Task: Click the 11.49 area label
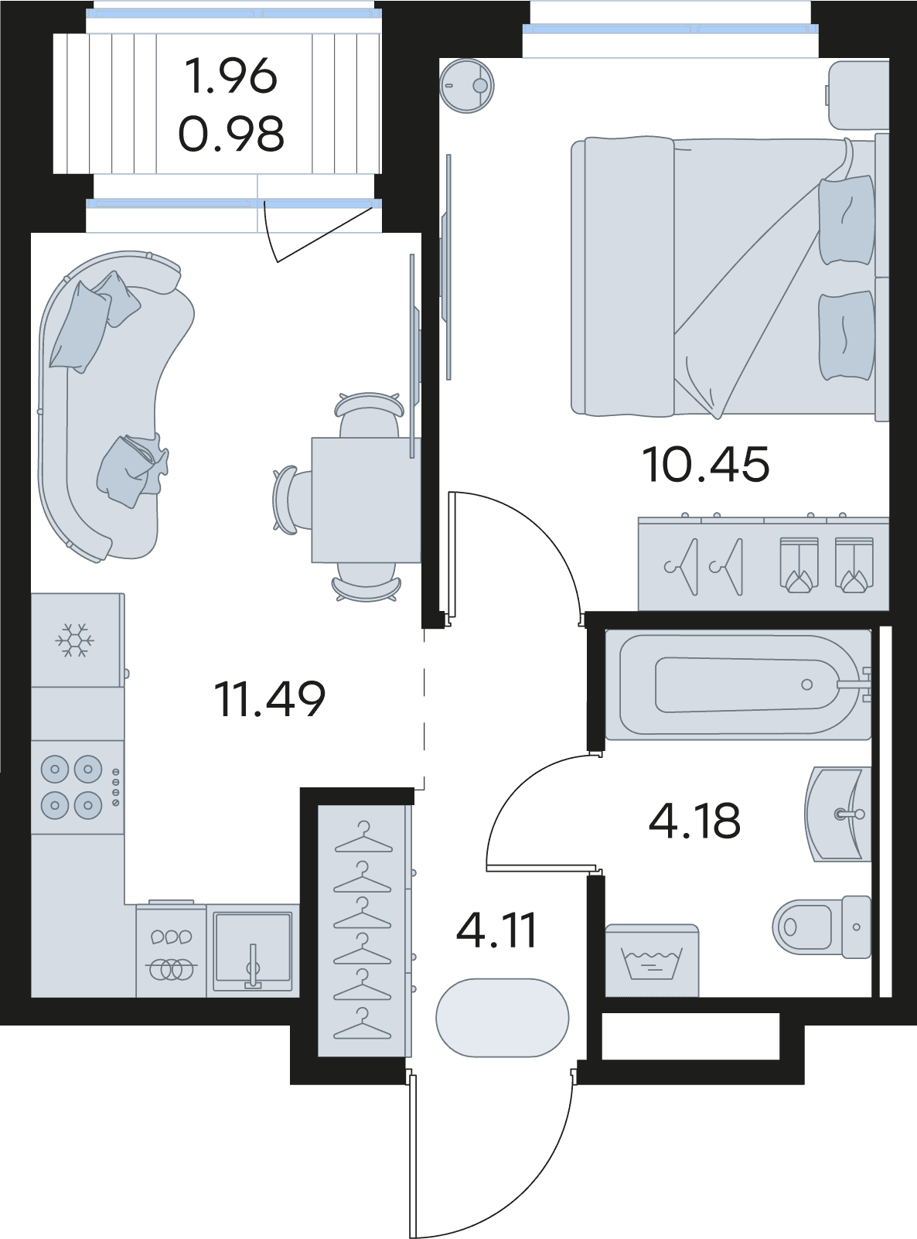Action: pos(269,699)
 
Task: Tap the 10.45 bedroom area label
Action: pos(706,464)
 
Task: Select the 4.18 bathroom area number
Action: pos(695,821)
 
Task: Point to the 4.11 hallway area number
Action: pos(496,930)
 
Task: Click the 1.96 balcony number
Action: pos(230,76)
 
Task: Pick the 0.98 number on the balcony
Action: pos(231,134)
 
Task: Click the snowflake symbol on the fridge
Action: pos(74,640)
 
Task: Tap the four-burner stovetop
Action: pos(77,787)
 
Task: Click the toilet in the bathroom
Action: pos(822,927)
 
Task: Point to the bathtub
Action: pos(738,684)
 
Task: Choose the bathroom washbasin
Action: pos(837,814)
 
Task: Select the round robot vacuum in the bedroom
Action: pos(466,86)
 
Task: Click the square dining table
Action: pos(366,500)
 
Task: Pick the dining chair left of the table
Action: pos(292,500)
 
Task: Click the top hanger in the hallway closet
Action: pos(363,838)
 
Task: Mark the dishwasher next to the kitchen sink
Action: pos(172,951)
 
